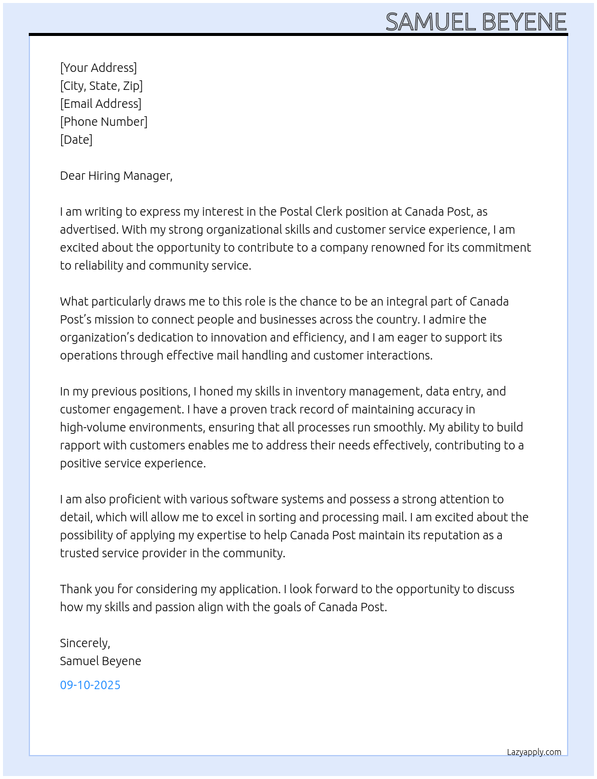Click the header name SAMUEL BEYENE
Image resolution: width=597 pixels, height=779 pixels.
tap(476, 22)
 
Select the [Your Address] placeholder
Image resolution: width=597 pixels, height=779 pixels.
tap(98, 68)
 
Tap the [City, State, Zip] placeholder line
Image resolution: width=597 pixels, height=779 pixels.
tap(101, 86)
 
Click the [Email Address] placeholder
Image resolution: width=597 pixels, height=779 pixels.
tap(101, 104)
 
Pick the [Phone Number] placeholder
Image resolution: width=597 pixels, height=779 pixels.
tap(104, 122)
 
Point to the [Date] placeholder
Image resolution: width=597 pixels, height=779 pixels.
tap(76, 140)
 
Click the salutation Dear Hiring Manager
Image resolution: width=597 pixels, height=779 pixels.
tap(116, 176)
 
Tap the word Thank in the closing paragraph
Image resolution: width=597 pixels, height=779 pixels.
tap(76, 589)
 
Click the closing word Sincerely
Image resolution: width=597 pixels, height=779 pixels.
tap(85, 643)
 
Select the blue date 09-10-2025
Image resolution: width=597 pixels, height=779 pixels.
tap(90, 685)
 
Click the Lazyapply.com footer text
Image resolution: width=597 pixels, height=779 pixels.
tap(534, 752)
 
